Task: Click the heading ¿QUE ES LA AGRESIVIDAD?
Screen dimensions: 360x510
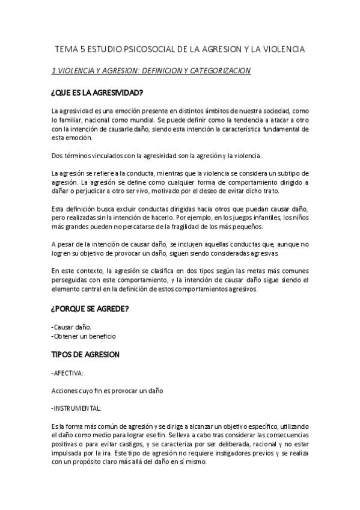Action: click(x=97, y=93)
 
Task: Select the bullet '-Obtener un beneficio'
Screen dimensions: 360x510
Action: click(x=84, y=336)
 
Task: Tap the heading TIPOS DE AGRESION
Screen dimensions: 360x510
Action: click(x=85, y=355)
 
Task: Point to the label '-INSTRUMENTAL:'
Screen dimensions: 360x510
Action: click(x=76, y=408)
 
